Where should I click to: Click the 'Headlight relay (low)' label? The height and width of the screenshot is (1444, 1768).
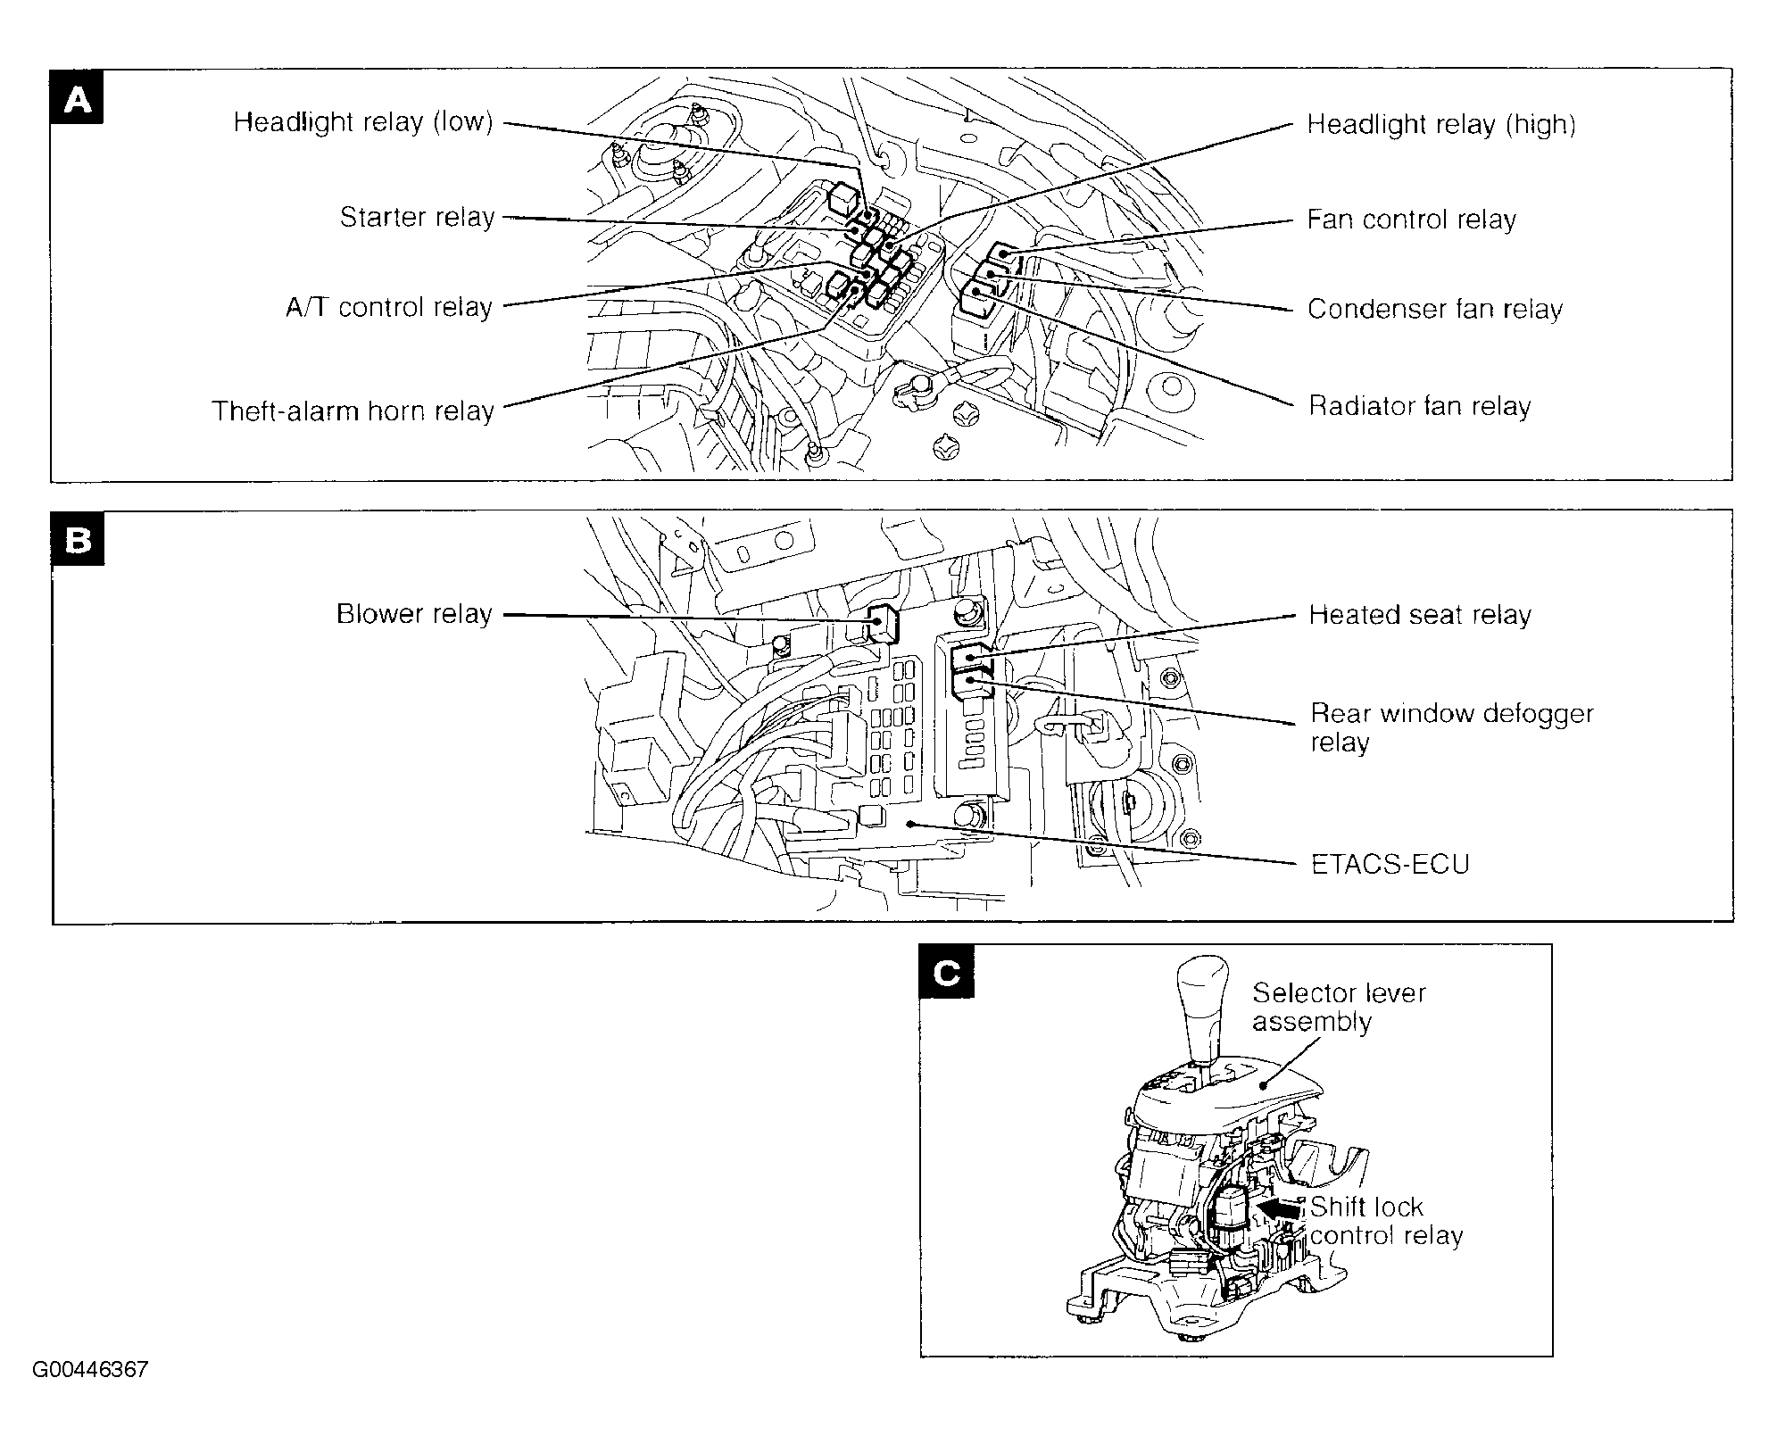click(x=363, y=122)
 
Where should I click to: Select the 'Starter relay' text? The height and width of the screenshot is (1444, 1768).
click(x=417, y=218)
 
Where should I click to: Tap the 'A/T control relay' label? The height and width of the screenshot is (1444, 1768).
click(x=389, y=308)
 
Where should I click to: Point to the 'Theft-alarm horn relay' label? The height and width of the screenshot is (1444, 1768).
click(x=353, y=411)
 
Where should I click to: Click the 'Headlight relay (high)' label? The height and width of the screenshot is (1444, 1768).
click(x=1440, y=125)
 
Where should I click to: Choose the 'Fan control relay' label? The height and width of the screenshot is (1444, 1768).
click(x=1411, y=220)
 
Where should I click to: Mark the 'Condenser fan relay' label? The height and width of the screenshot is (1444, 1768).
click(x=1434, y=310)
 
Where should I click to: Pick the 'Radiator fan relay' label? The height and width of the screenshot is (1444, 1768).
click(x=1419, y=407)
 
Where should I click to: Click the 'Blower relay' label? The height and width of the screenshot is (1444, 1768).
click(x=414, y=614)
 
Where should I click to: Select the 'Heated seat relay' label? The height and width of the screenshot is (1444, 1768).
click(x=1419, y=616)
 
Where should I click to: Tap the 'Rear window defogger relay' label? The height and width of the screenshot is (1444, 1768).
click(x=1450, y=727)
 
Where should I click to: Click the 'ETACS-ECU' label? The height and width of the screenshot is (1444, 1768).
click(x=1390, y=865)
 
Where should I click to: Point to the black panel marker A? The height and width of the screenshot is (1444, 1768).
click(x=78, y=97)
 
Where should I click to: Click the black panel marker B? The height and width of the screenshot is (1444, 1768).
click(x=79, y=539)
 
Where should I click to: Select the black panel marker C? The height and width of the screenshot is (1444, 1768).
click(x=947, y=972)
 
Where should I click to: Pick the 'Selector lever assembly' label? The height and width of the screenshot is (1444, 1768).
click(x=1338, y=1007)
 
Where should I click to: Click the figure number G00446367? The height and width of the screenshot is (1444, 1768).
click(x=90, y=1370)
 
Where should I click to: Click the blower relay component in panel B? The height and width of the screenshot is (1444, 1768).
click(x=883, y=622)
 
